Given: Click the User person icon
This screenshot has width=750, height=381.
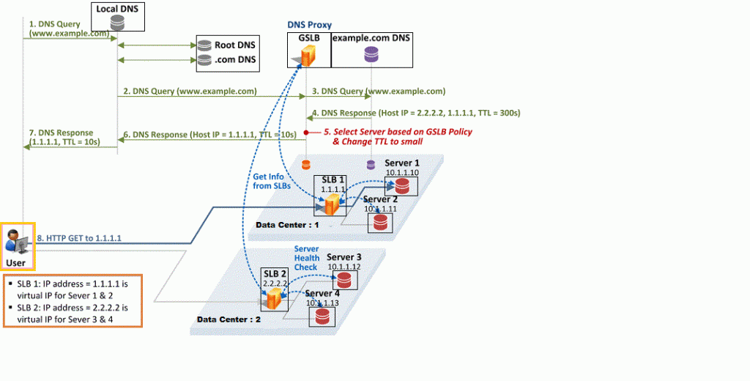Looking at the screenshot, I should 14,240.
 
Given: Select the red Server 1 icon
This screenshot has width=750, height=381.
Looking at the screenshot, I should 401,186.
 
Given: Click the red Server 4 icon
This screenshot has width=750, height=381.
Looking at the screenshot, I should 321,317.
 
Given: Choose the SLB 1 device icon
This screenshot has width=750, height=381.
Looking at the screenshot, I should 331,204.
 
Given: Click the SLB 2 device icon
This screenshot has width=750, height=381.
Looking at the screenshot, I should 274,298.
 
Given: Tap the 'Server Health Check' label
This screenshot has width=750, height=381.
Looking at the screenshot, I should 306,258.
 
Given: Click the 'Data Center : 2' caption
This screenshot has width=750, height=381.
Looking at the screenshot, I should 229,319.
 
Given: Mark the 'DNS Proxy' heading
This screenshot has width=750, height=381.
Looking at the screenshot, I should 309,25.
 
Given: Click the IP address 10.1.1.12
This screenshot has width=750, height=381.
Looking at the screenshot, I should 344,267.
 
